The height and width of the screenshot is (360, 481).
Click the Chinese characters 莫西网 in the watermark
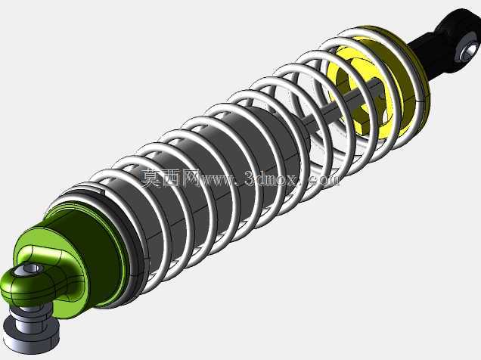[x=170, y=178]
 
